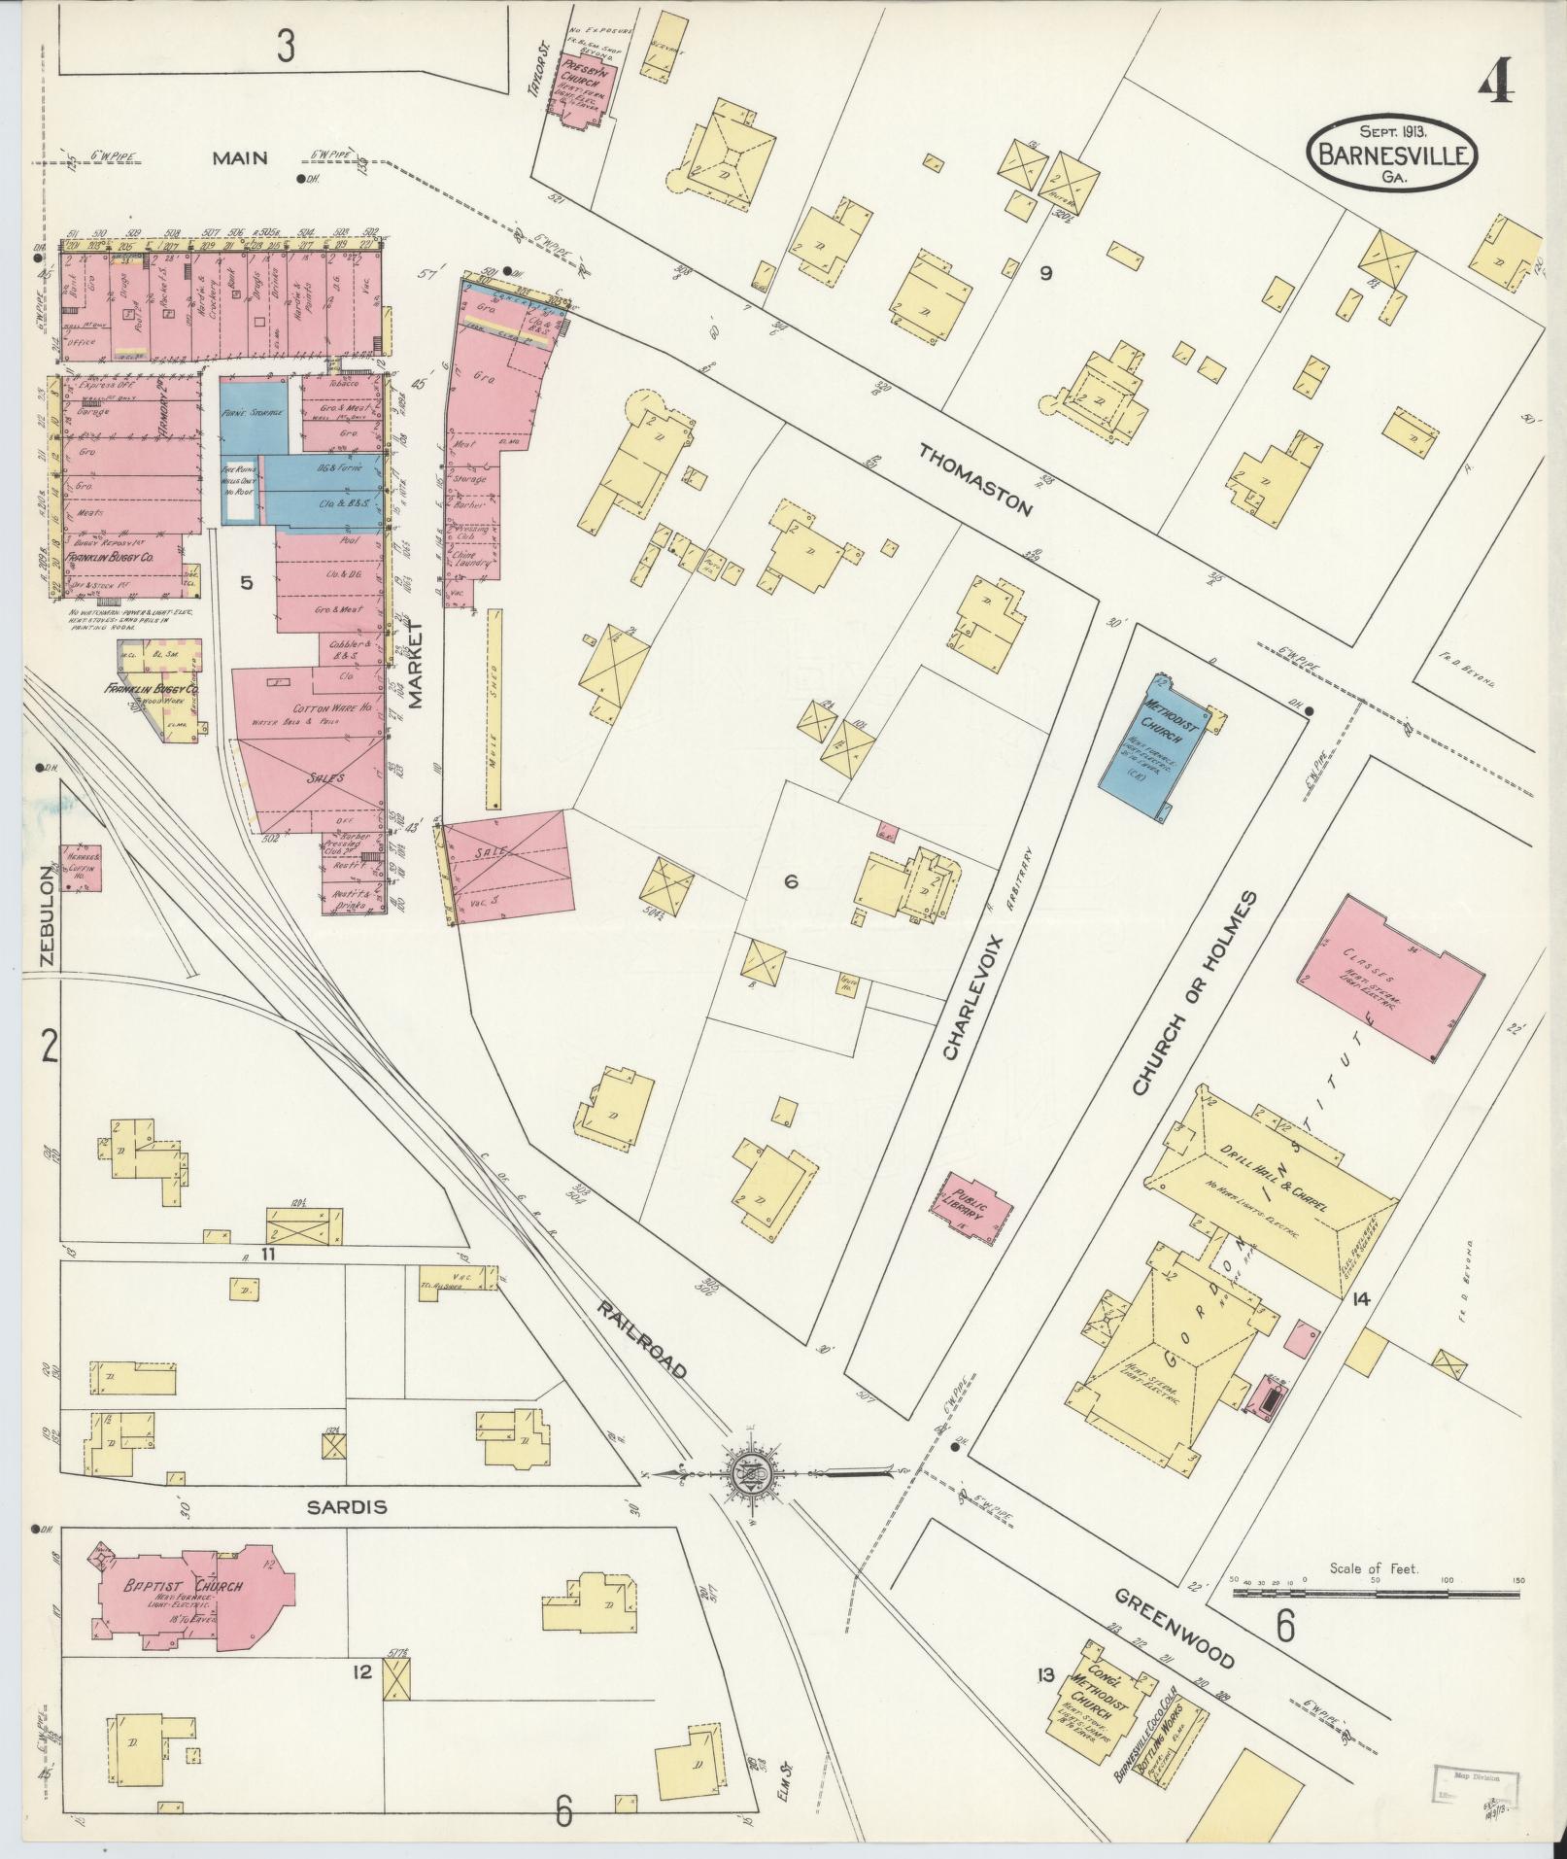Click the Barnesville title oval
1392,154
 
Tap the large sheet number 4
1498,86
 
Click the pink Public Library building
979,1208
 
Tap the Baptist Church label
183,1587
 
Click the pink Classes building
1391,981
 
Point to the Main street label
240,157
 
